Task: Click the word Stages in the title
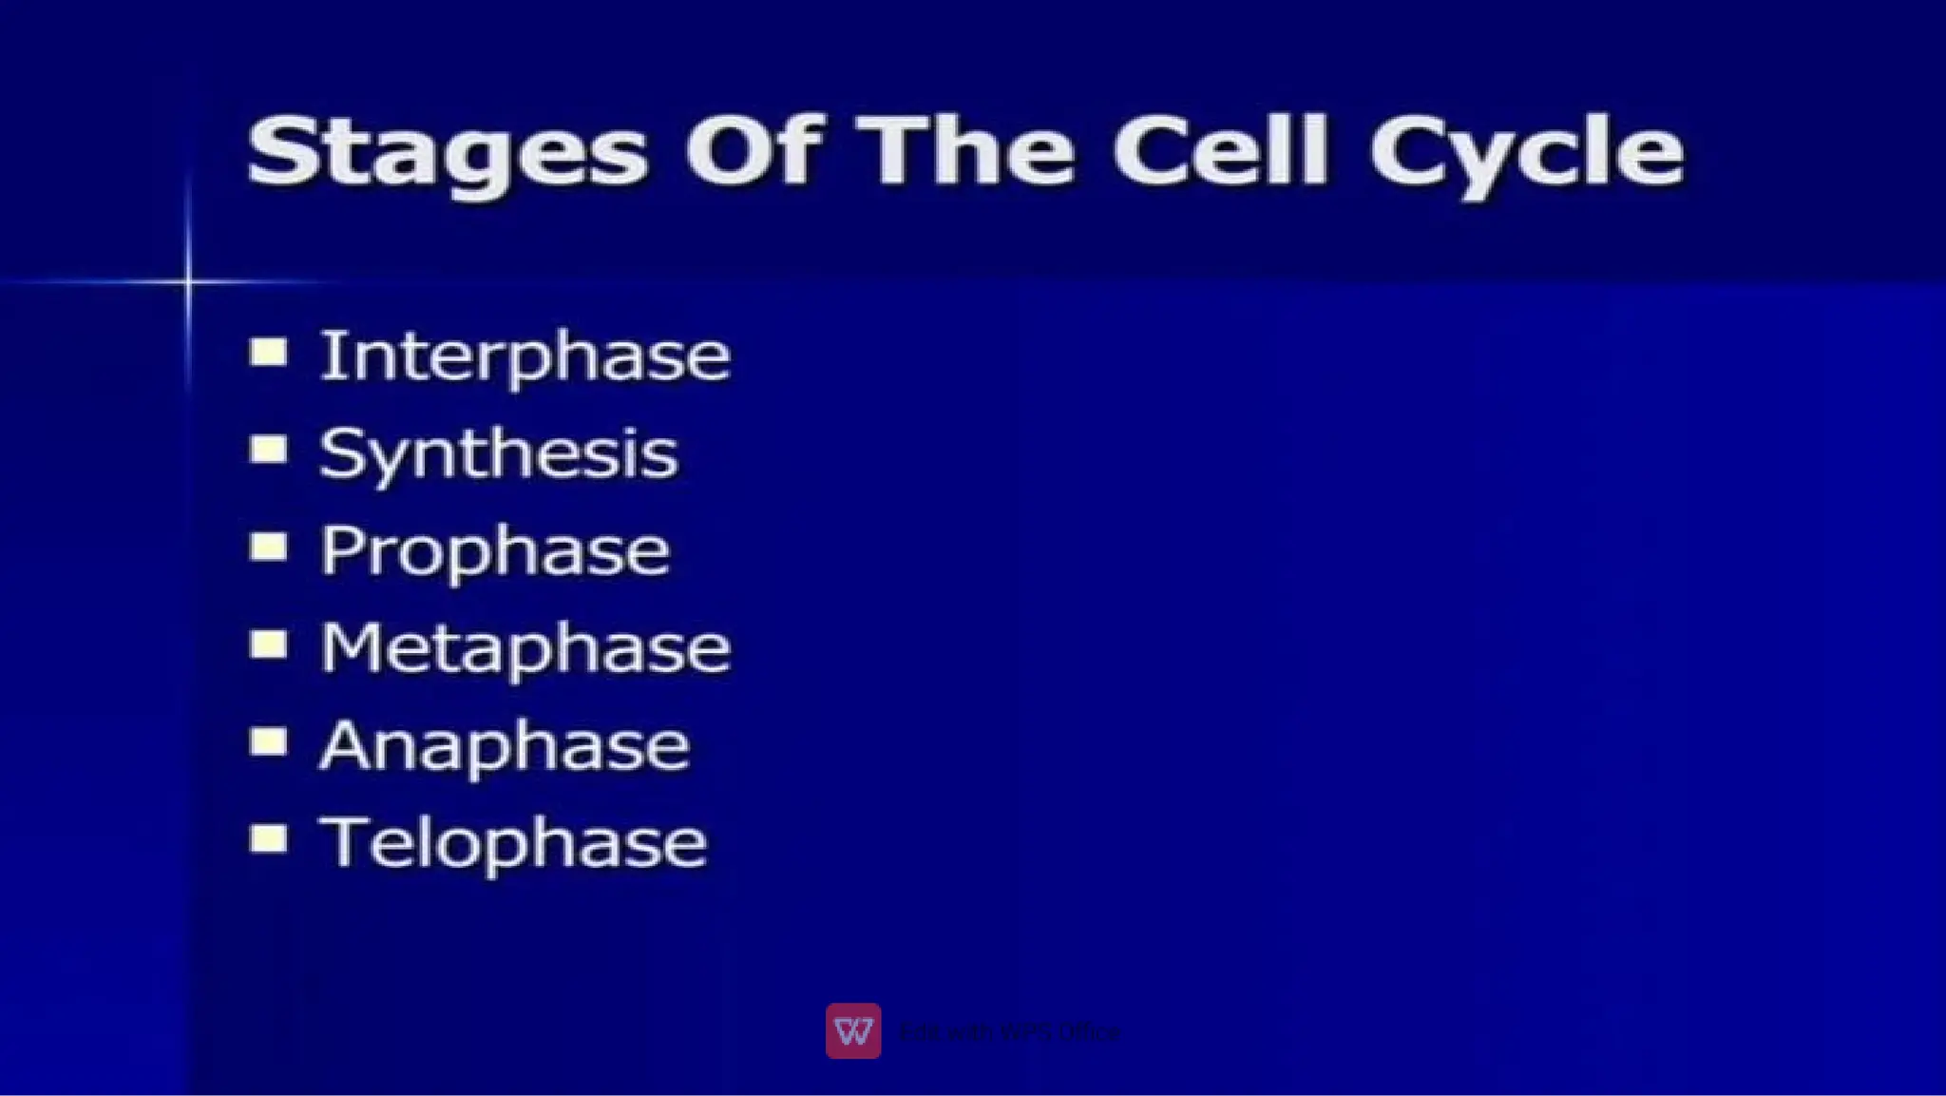447,152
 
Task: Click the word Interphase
525,356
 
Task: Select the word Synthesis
498,454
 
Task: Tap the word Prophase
494,551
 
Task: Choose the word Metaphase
525,649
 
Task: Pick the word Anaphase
504,747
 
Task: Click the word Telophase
513,844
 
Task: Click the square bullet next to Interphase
269,352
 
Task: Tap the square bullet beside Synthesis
269,449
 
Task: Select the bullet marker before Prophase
269,547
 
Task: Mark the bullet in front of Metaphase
269,644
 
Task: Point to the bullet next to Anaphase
269,741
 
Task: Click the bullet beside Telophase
269,839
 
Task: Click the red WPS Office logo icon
852,1030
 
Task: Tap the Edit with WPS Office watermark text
1009,1031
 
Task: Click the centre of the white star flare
188,280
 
